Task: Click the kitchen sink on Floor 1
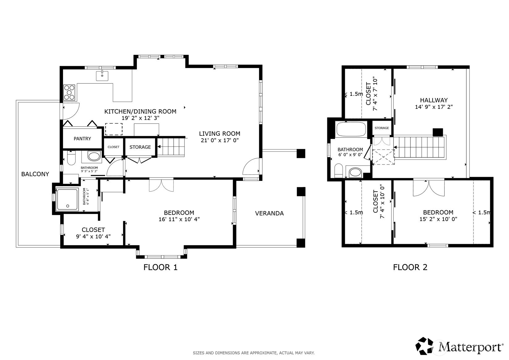(x=102, y=75)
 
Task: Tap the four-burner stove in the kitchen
(x=69, y=92)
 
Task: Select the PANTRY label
(x=82, y=139)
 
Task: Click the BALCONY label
(x=35, y=174)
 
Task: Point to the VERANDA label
(x=269, y=213)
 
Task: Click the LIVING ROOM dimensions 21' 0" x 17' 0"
(x=220, y=140)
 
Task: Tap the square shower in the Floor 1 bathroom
(x=67, y=199)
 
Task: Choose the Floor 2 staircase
(x=419, y=147)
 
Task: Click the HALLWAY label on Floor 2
(x=434, y=100)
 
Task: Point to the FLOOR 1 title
(x=160, y=267)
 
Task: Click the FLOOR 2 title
(x=410, y=267)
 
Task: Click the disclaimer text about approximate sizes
(x=254, y=353)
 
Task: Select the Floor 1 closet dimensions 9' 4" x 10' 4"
(x=93, y=237)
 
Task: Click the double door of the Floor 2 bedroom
(x=429, y=188)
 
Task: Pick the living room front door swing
(x=251, y=166)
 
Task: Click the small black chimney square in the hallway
(x=438, y=132)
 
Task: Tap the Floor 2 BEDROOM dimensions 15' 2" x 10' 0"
(x=438, y=219)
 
